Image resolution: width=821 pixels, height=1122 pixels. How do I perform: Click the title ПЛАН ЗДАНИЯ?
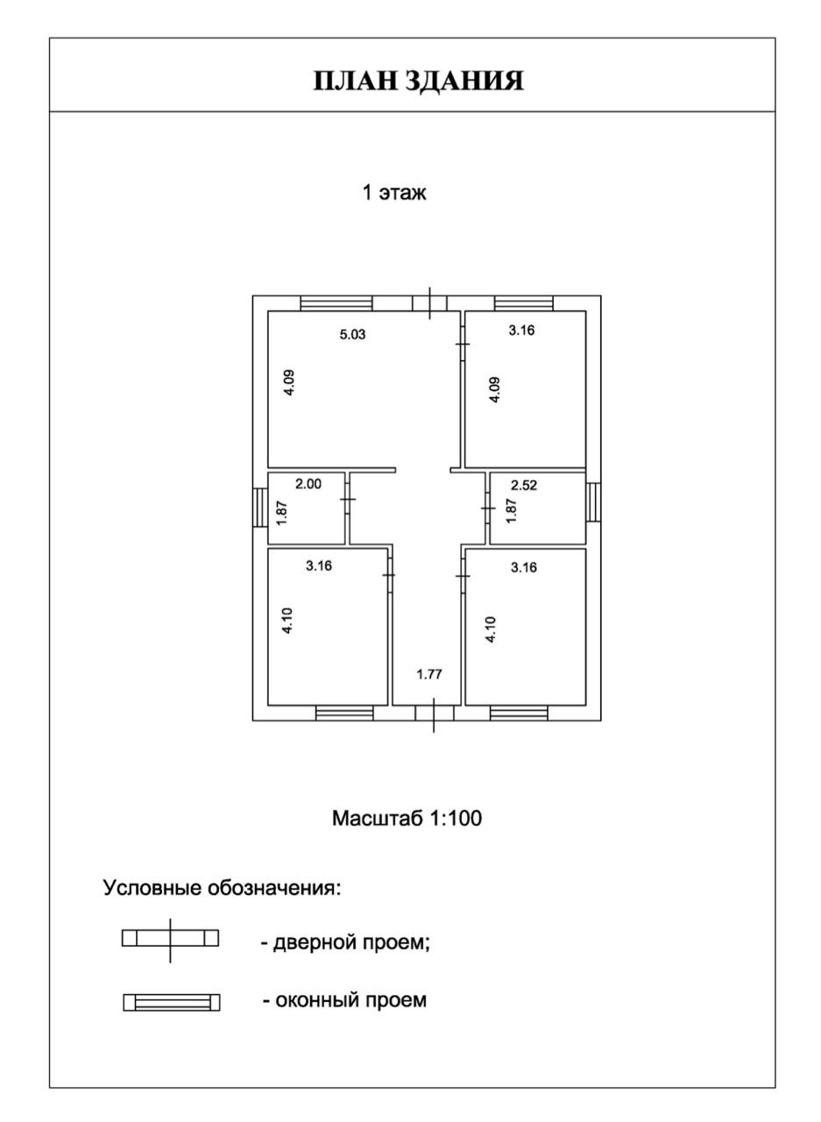[419, 81]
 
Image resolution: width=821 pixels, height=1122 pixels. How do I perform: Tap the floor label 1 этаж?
[394, 193]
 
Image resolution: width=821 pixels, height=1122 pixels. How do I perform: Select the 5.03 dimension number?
[352, 333]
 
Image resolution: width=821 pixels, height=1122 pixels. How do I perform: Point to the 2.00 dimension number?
[308, 483]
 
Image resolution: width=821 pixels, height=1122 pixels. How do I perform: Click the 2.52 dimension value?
[524, 485]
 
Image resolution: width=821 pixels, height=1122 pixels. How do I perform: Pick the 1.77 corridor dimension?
[429, 674]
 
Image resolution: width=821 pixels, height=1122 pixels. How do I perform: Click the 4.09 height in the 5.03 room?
[289, 383]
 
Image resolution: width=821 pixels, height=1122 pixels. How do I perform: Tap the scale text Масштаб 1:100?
[407, 819]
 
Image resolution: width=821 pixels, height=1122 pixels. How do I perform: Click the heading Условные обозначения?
[222, 888]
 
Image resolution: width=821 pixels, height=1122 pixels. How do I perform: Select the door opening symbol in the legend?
[170, 939]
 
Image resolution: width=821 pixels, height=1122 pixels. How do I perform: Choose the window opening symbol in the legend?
[172, 1002]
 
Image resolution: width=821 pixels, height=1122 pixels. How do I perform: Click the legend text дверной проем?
[345, 944]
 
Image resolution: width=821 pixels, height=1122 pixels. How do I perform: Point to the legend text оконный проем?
[344, 1000]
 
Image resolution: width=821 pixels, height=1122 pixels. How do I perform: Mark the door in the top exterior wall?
[429, 303]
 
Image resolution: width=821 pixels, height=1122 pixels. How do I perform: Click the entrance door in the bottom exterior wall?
[433, 713]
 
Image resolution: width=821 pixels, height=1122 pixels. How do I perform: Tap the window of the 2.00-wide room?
[259, 508]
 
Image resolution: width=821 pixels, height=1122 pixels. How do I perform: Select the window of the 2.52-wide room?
[593, 502]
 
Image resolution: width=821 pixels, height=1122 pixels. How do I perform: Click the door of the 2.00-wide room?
[348, 499]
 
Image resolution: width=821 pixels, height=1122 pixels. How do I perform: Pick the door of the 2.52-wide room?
[488, 508]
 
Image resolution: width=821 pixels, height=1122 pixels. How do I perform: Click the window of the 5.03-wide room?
[336, 303]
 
